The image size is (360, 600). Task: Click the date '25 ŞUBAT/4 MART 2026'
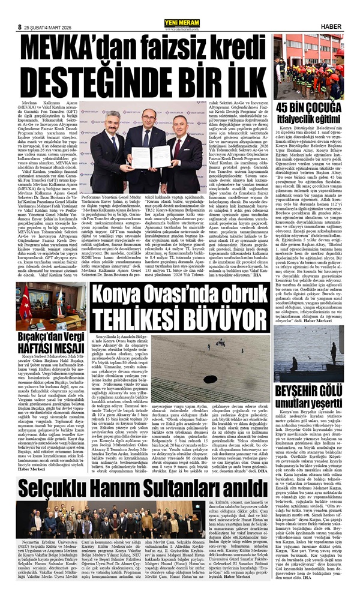[56, 10]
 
